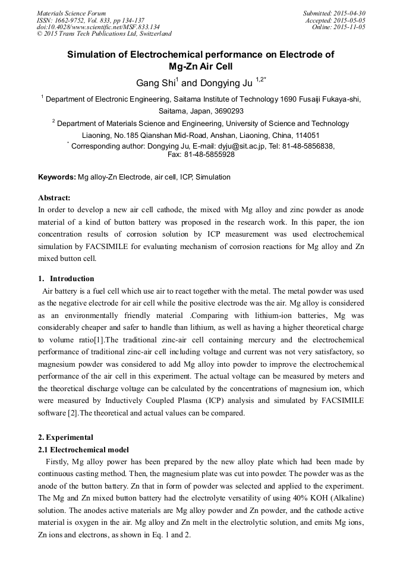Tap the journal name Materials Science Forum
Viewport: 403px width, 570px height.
click(71, 13)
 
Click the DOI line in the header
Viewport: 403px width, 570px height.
click(98, 27)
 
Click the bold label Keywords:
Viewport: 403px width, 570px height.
click(57, 177)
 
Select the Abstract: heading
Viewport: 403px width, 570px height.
click(54, 198)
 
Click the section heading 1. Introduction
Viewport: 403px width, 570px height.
click(66, 279)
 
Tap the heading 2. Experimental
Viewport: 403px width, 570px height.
click(65, 437)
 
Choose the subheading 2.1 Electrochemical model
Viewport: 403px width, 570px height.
click(84, 449)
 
